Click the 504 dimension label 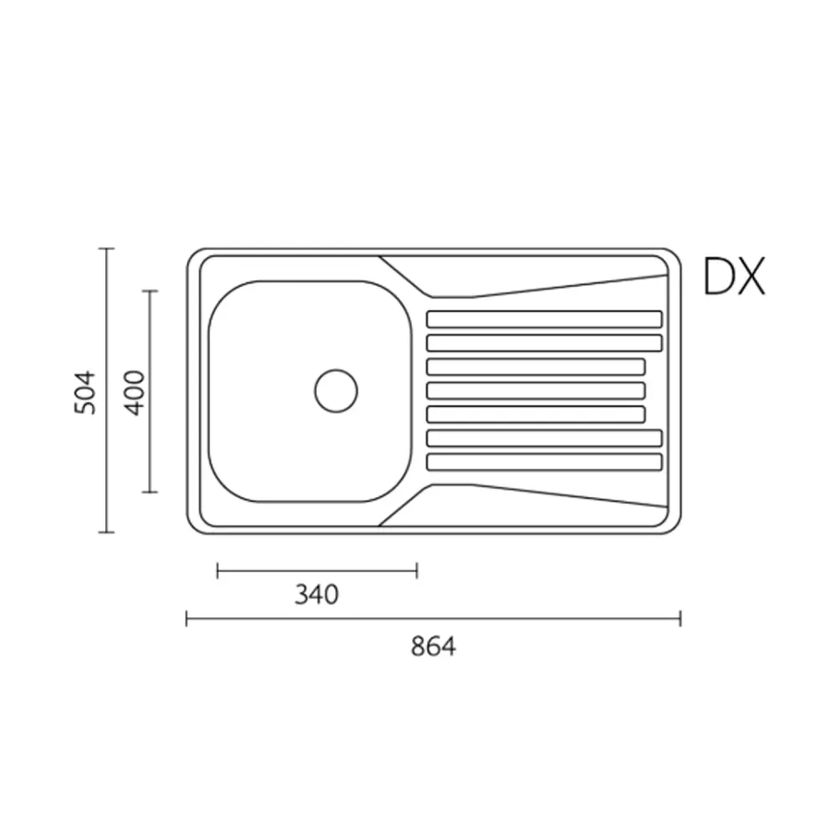click(84, 393)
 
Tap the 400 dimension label click(134, 393)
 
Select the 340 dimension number click(316, 595)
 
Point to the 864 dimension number click(434, 647)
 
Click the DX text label click(734, 276)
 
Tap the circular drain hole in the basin click(336, 391)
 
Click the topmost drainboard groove click(545, 319)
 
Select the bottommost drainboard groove click(545, 462)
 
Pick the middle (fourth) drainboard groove click(536, 391)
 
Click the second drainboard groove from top click(545, 343)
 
